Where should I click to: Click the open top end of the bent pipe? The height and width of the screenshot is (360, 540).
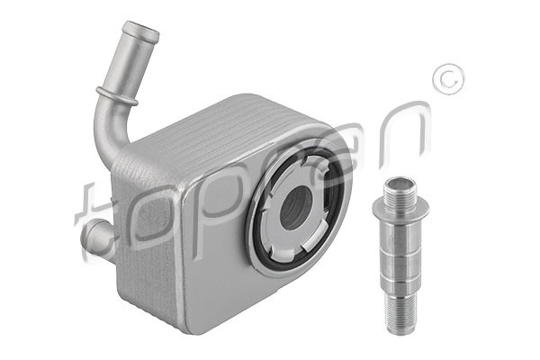[141, 30]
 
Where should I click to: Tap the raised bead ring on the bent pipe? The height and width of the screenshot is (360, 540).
[117, 96]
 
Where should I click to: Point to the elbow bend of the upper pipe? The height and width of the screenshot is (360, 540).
[109, 130]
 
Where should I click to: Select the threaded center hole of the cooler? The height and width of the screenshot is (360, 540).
[296, 208]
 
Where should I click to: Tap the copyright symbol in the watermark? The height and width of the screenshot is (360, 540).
[448, 79]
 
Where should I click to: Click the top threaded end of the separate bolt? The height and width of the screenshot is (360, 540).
[400, 190]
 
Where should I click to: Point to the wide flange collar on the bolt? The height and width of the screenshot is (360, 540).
[400, 210]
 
